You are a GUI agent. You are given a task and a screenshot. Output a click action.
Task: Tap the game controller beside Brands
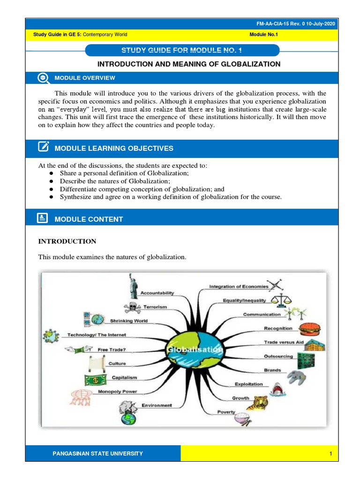[296, 376]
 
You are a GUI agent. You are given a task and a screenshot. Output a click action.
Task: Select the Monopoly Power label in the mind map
[117, 391]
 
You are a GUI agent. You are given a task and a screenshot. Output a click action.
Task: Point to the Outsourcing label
[278, 356]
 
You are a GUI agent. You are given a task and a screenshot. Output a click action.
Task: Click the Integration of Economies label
[239, 286]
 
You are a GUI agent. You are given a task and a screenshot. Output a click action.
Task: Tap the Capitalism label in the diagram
[124, 377]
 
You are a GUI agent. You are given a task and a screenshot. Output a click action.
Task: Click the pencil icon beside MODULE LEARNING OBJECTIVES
[43, 148]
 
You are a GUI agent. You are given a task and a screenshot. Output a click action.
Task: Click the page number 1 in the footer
[330, 453]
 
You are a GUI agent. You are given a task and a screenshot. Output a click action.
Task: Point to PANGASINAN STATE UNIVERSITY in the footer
[98, 453]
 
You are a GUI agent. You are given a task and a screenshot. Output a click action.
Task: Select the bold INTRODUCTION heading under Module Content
[67, 241]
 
